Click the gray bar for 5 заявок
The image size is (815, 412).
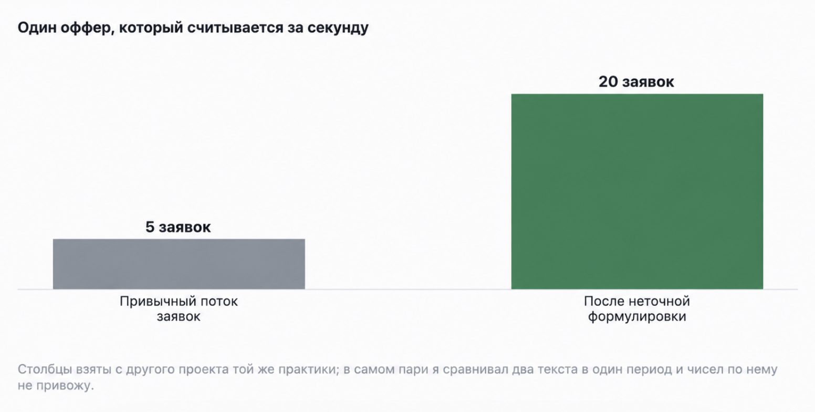point(179,264)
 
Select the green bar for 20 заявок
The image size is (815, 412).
point(637,191)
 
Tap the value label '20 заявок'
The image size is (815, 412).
point(636,81)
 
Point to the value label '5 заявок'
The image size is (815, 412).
point(178,227)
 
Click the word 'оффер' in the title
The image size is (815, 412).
point(86,28)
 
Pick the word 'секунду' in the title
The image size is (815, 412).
point(338,28)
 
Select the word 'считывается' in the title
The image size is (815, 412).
point(235,28)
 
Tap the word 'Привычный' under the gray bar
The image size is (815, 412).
point(152,302)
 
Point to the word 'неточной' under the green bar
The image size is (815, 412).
point(659,301)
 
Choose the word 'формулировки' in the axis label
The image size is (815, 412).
point(637,317)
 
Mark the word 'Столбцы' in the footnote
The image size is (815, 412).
point(45,369)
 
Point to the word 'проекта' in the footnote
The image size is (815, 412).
point(202,370)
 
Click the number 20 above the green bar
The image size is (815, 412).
point(608,81)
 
